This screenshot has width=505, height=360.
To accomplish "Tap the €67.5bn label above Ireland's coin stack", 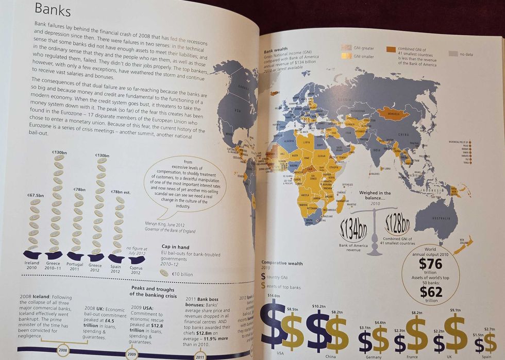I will point(35,195).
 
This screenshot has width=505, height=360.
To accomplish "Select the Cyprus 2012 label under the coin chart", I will point(136,269).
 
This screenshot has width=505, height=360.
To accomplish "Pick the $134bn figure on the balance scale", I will point(353,229).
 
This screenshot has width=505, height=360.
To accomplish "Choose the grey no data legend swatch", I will point(453,53).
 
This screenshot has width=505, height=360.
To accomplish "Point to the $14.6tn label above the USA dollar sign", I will point(273,296).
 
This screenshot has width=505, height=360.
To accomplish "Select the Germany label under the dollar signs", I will point(374,357).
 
